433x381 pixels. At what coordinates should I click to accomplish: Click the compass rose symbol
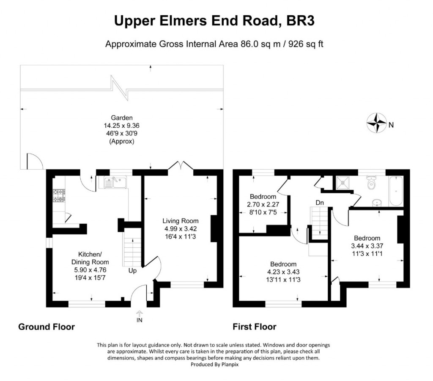point(376,123)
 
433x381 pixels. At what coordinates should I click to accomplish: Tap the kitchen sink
point(115,182)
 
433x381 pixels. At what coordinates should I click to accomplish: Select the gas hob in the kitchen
point(59,195)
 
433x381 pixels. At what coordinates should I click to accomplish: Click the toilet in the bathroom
point(371,183)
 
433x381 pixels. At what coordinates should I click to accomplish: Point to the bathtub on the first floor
point(396,191)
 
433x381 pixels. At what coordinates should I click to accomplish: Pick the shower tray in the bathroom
point(343,183)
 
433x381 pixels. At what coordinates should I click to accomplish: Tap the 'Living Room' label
point(180,221)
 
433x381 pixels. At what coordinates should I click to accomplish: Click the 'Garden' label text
point(122,118)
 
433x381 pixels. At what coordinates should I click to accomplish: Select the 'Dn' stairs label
point(320,203)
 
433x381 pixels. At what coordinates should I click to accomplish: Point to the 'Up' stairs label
point(132,271)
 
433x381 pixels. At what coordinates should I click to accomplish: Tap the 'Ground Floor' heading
point(47,327)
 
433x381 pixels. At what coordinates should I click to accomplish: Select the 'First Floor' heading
point(254,327)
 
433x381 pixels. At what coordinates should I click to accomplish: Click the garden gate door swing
point(35,161)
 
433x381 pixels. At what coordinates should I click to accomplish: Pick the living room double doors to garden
point(181,165)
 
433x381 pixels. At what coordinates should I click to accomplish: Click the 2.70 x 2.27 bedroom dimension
point(263,205)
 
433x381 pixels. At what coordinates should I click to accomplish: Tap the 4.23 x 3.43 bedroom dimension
point(283,272)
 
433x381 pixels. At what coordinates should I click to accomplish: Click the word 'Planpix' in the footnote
point(230,365)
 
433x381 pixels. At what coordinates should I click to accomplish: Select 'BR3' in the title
point(301,21)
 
